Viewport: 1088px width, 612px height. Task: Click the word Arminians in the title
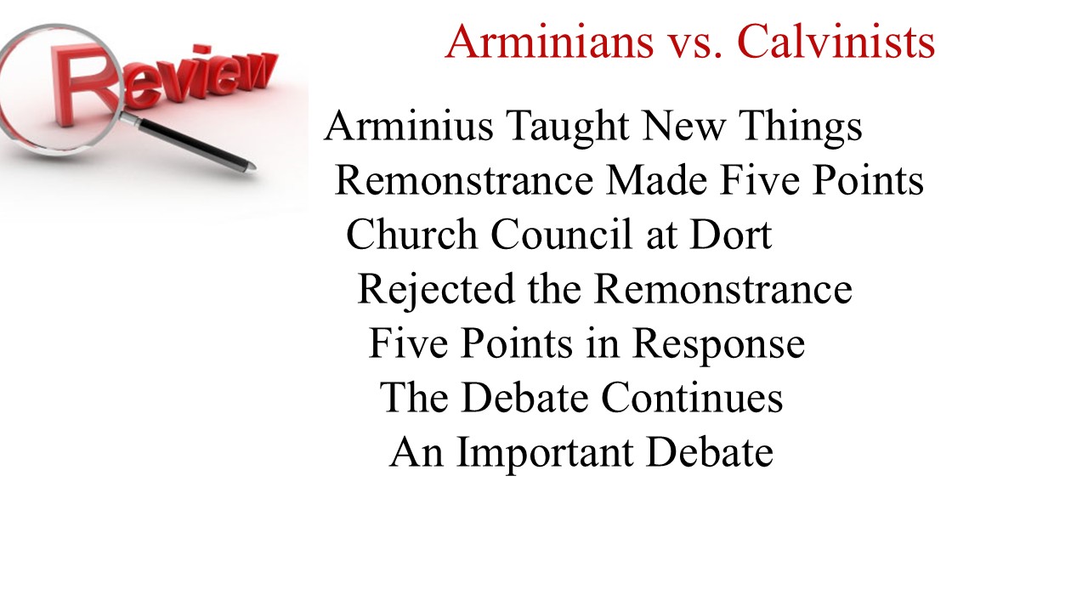pyautogui.click(x=549, y=42)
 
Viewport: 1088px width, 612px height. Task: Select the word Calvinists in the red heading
pyautogui.click(x=836, y=42)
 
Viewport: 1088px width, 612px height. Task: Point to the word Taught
pyautogui.click(x=567, y=127)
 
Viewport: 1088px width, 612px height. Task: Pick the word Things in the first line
pyautogui.click(x=801, y=127)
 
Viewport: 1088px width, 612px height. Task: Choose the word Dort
pyautogui.click(x=731, y=235)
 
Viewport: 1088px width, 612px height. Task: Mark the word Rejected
pyautogui.click(x=436, y=290)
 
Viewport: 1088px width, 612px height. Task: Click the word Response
pyautogui.click(x=719, y=345)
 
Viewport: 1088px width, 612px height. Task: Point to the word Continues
pyautogui.click(x=692, y=398)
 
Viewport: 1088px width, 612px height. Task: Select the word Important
pyautogui.click(x=545, y=454)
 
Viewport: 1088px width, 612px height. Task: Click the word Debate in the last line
pyautogui.click(x=710, y=451)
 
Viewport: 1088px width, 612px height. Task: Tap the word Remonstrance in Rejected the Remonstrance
pyautogui.click(x=723, y=290)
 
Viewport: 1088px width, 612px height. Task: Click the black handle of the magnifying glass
pyautogui.click(x=195, y=144)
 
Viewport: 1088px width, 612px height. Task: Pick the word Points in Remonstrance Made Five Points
pyautogui.click(x=868, y=180)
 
